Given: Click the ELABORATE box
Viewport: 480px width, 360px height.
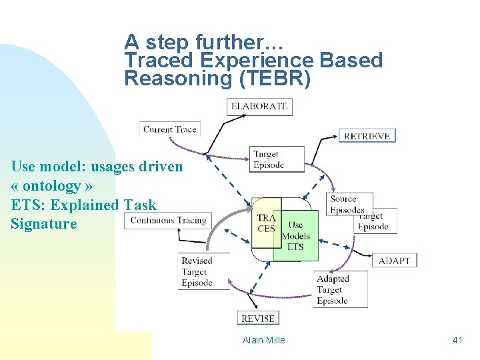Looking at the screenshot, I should [x=259, y=106].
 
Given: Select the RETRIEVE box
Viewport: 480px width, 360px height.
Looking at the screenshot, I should [x=367, y=136].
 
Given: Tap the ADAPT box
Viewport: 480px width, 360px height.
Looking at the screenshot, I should [x=394, y=260].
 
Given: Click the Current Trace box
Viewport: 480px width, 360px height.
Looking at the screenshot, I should [x=169, y=129].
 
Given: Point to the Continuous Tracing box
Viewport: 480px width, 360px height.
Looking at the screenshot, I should [x=168, y=220].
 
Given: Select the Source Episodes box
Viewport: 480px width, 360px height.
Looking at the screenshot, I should [x=349, y=204].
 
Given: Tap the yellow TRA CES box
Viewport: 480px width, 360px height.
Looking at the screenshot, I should [x=266, y=223].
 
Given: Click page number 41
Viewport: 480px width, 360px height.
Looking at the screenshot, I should [x=457, y=340].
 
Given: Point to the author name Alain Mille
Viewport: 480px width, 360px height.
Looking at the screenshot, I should [x=263, y=340].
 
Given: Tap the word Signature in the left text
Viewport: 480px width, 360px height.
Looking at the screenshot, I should [x=44, y=223].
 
